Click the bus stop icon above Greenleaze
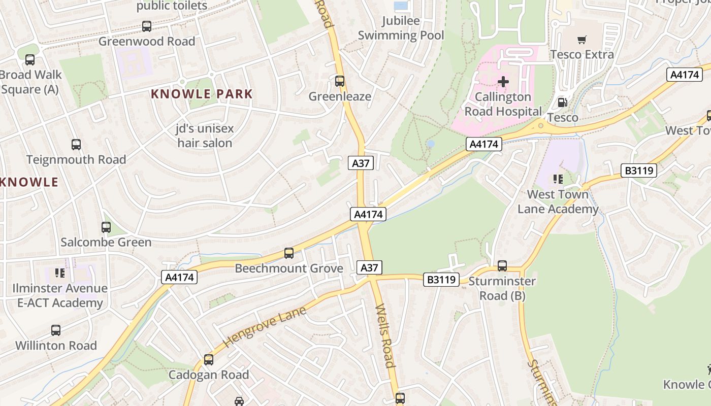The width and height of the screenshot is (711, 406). pos(340,81)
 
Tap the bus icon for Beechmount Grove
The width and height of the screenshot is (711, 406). pos(289,253)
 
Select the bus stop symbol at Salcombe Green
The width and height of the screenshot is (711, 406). pos(106,227)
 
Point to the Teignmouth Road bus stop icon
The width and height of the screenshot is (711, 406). pos(76,145)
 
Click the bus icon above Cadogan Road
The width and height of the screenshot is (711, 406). pos(209,360)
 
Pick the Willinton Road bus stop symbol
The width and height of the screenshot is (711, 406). pos(56,330)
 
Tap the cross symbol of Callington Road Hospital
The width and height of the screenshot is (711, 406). pos(503,81)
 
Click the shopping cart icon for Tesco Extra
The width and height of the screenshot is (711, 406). pos(582,40)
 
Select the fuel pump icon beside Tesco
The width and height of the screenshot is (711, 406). pos(563,103)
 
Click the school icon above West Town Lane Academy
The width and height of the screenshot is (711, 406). pos(558,179)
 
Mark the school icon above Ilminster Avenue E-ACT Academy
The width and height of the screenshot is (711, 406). pos(60,273)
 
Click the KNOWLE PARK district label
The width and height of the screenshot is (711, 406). pos(202,94)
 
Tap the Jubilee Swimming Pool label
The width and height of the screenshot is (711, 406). pos(401,28)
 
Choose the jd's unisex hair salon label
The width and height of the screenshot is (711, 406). pos(205,136)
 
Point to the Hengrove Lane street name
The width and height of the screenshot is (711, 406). pos(265,327)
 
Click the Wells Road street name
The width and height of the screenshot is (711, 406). pos(384,335)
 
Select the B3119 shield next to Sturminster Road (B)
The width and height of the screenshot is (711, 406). pos(442,279)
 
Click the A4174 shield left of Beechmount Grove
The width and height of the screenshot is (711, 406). pos(179,277)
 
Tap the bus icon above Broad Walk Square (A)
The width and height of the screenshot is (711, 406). pos(30,60)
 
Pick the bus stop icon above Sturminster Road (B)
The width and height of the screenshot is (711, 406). pos(502,265)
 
